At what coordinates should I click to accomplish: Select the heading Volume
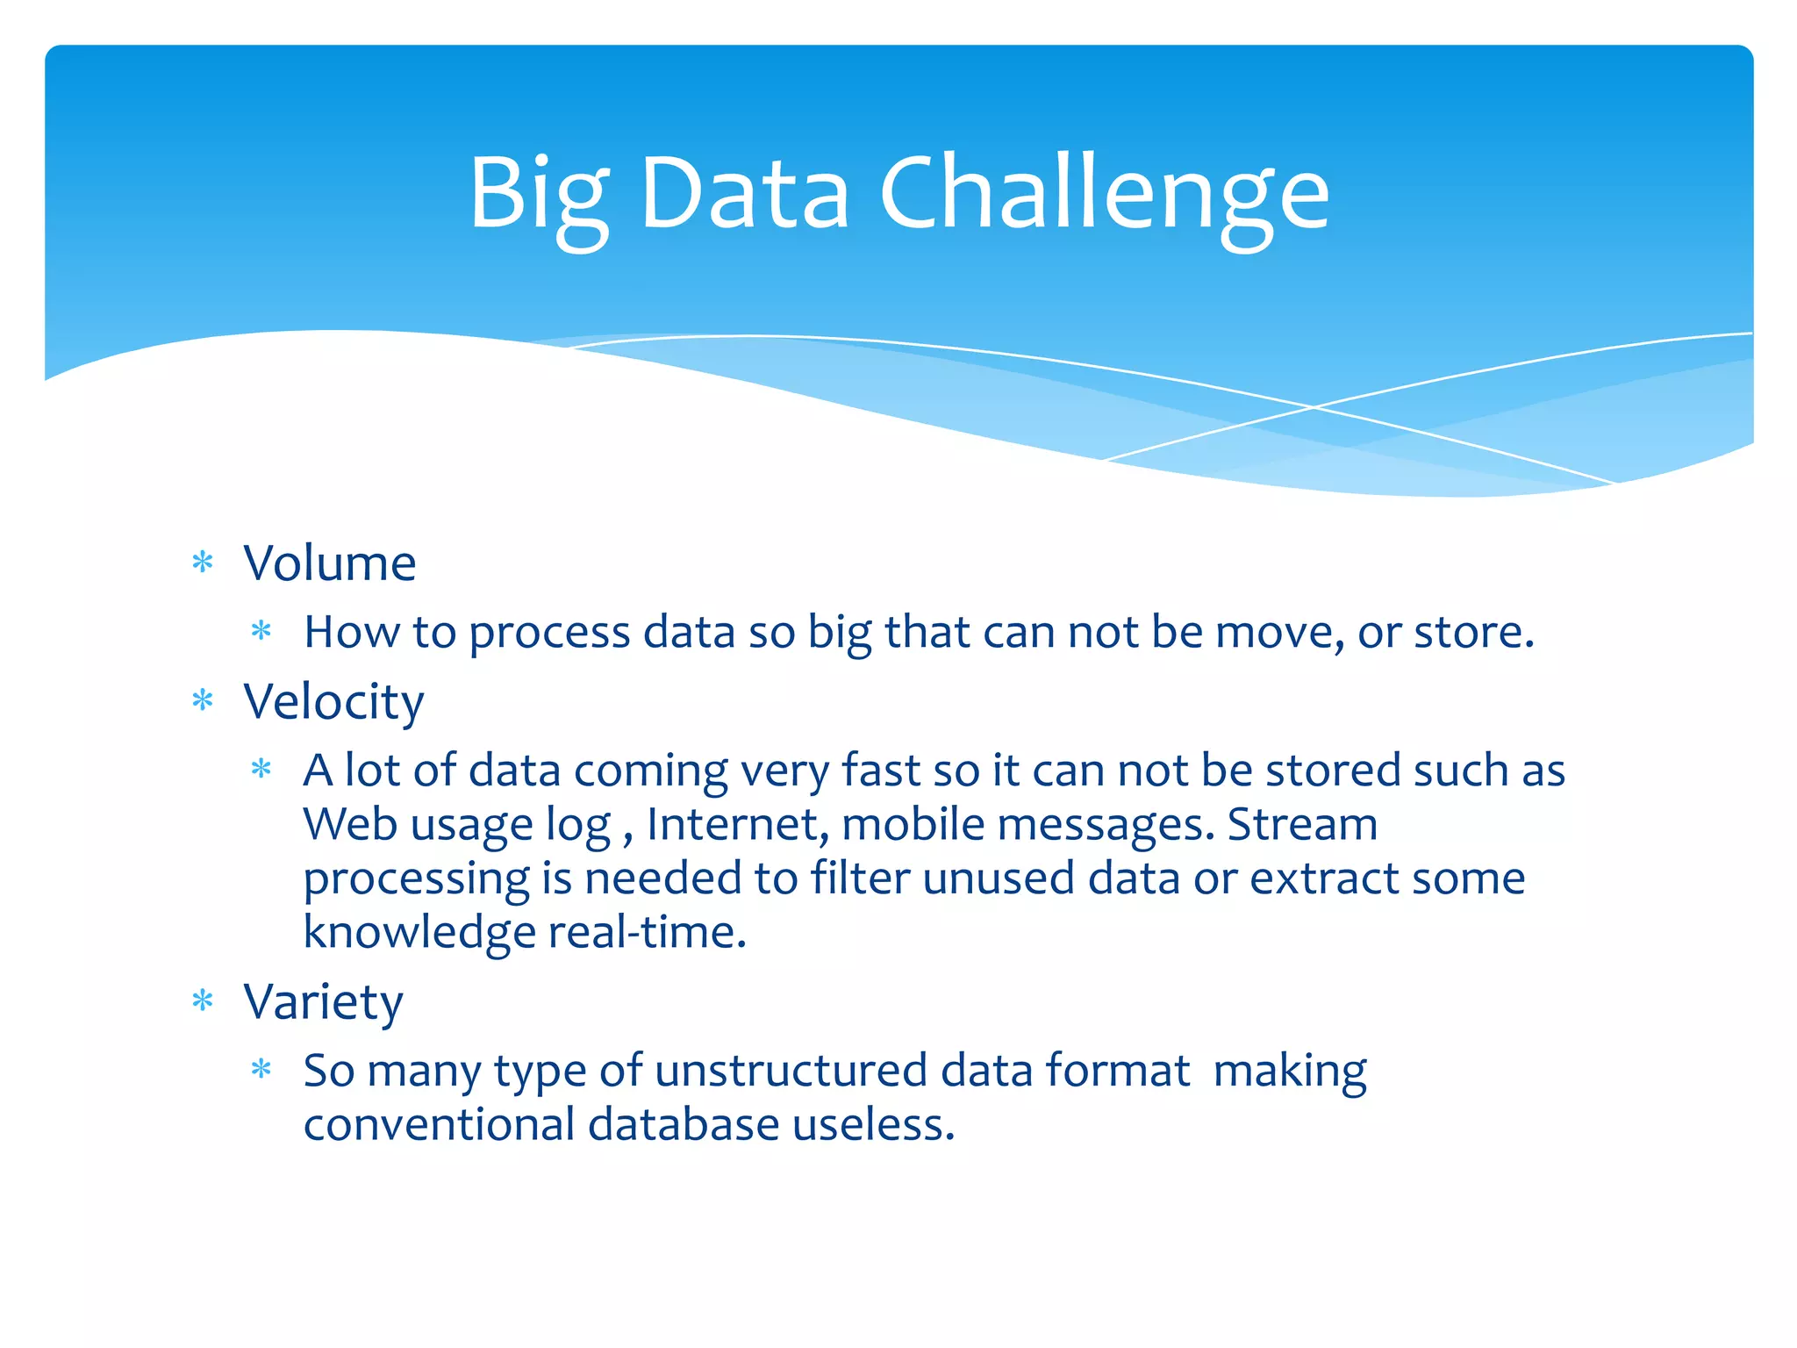click(329, 563)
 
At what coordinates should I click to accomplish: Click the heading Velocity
click(333, 702)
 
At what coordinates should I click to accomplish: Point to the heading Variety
click(323, 1001)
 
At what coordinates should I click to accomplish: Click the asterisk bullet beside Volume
click(203, 563)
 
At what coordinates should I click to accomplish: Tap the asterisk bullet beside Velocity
click(203, 701)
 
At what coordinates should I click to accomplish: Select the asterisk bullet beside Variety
click(203, 1001)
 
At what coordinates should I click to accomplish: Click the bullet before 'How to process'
click(261, 631)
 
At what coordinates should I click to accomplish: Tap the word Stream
click(1302, 824)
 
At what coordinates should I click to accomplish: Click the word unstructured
click(791, 1071)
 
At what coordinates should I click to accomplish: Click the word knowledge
click(419, 932)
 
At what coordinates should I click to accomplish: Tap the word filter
click(860, 878)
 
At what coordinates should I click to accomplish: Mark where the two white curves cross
click(1314, 407)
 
